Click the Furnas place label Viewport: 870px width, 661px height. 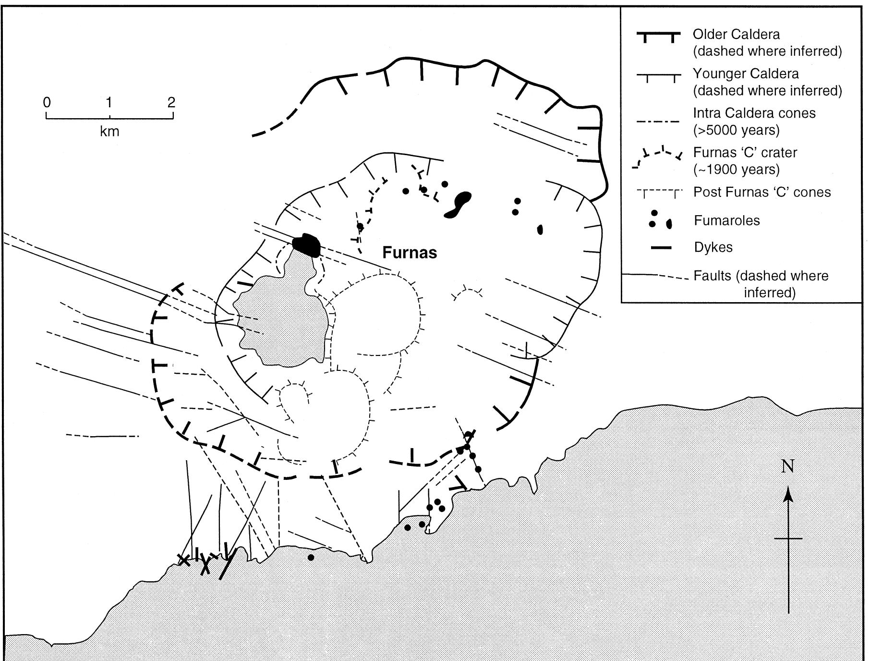point(410,253)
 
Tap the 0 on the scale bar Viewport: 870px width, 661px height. point(47,102)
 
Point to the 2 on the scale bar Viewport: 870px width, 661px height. point(171,102)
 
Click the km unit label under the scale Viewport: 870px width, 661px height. point(109,131)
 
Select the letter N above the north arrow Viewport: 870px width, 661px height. point(788,466)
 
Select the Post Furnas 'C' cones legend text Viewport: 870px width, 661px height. point(762,192)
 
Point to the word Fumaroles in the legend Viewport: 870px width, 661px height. point(727,220)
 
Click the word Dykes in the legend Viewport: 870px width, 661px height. point(713,247)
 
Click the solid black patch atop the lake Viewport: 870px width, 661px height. point(306,245)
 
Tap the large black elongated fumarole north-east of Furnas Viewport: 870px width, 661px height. point(458,205)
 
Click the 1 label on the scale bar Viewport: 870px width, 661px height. point(109,102)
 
